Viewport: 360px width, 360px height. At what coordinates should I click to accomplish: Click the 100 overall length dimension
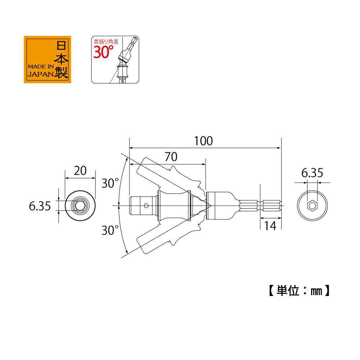pyautogui.click(x=204, y=141)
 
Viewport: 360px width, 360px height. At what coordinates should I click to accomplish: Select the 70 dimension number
pyautogui.click(x=171, y=157)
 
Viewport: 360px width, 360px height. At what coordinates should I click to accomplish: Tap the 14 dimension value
pyautogui.click(x=270, y=226)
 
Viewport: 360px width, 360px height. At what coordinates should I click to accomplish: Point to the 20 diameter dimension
pyautogui.click(x=80, y=171)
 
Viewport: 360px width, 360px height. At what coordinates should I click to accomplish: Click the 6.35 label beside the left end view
pyautogui.click(x=40, y=206)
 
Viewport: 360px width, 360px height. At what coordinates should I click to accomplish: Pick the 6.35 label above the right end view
pyautogui.click(x=312, y=173)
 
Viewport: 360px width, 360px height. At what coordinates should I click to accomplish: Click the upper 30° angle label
pyautogui.click(x=110, y=183)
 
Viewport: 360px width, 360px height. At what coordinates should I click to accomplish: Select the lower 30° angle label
pyautogui.click(x=110, y=230)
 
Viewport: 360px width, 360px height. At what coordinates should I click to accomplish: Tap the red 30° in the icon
pyautogui.click(x=103, y=52)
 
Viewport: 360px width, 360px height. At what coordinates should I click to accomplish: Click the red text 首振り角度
pyautogui.click(x=106, y=42)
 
